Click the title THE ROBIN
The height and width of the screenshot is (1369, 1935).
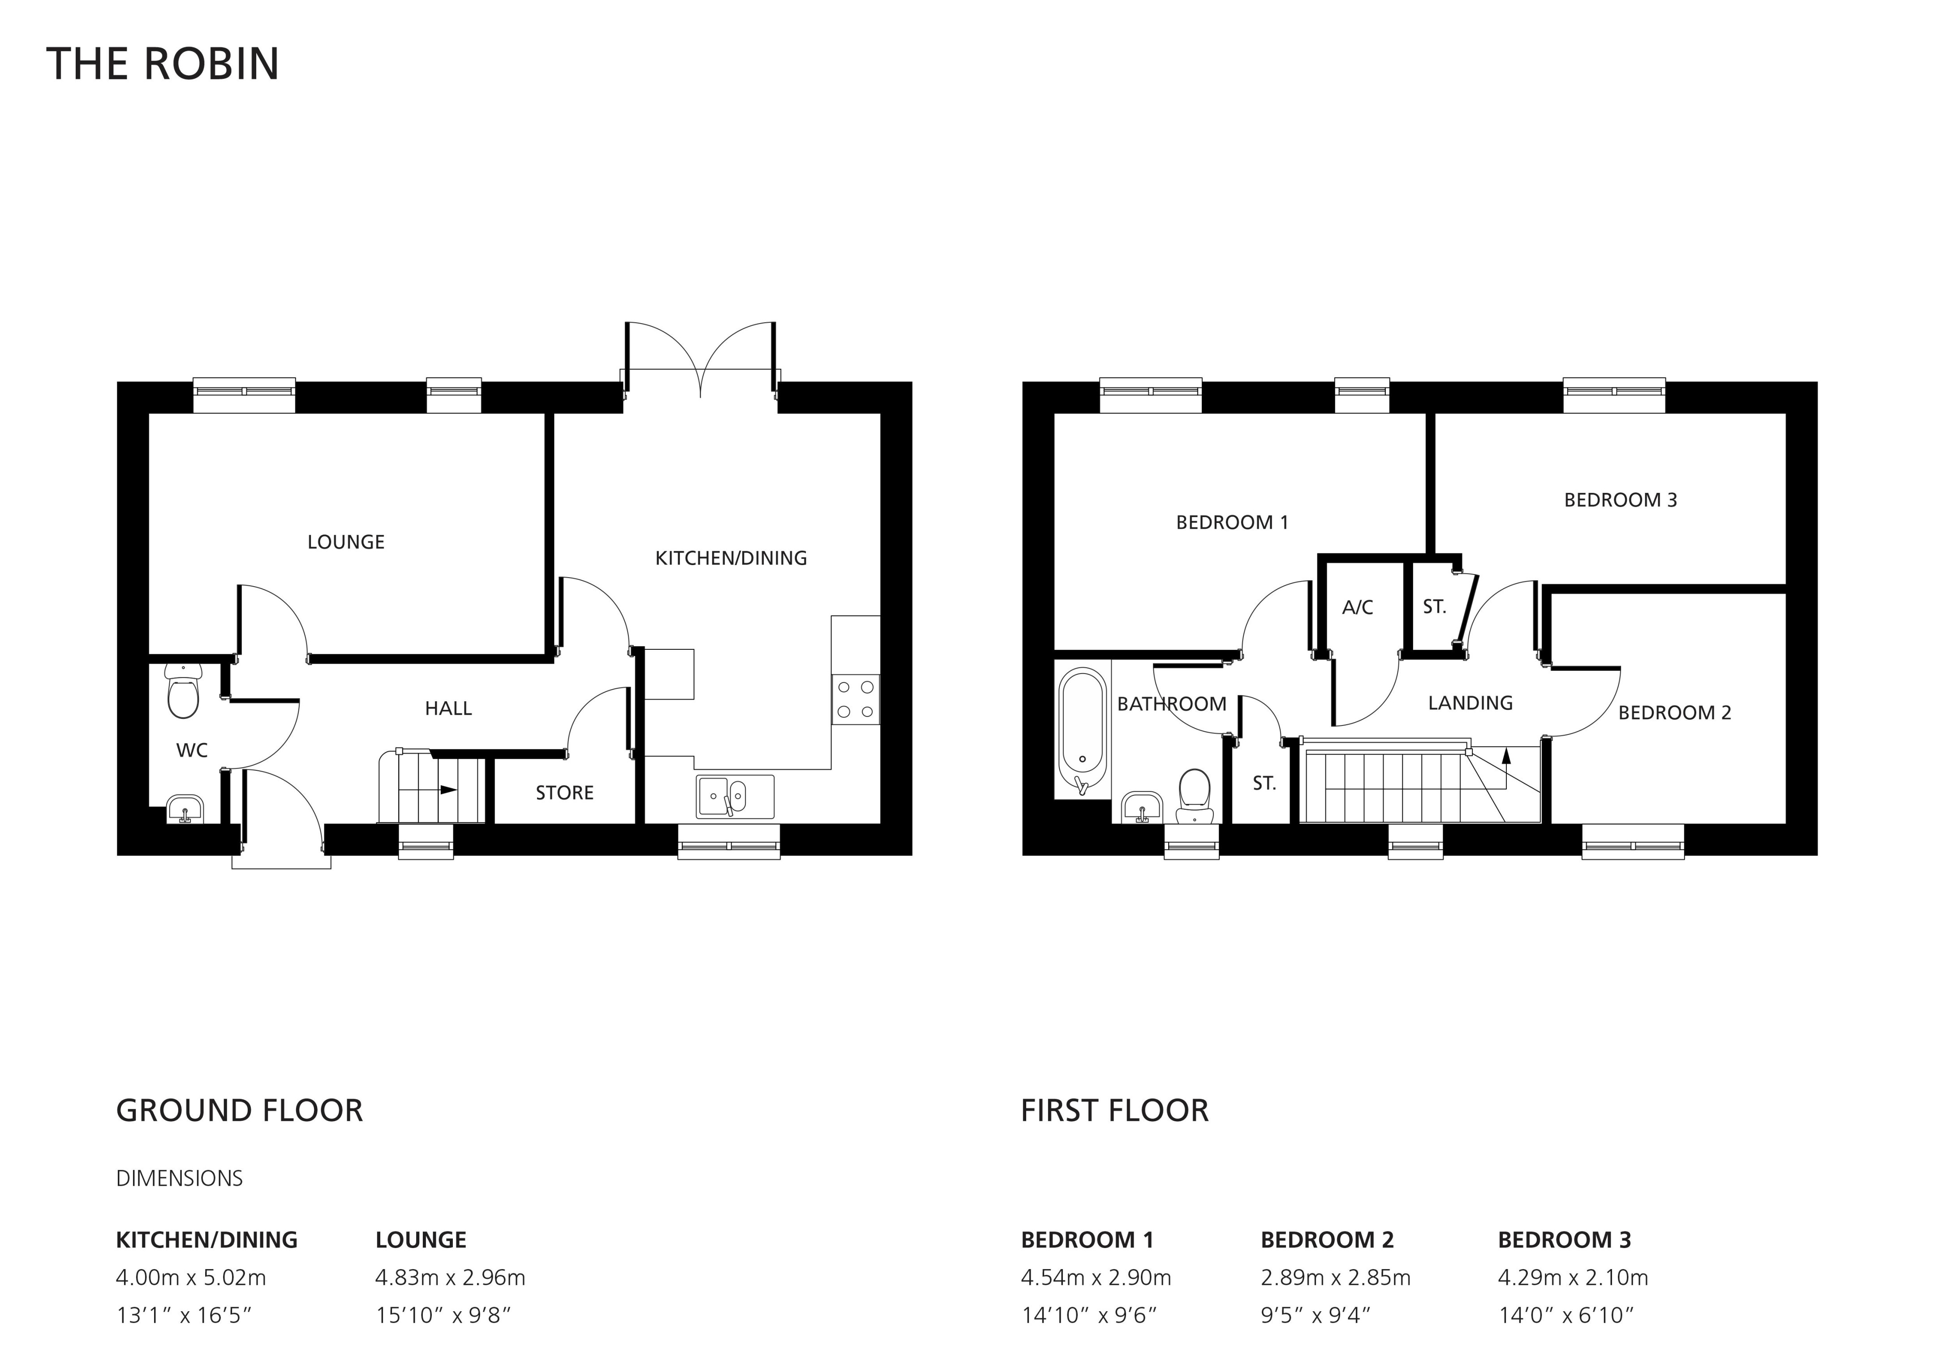click(163, 64)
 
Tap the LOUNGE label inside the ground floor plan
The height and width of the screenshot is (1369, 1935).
click(345, 542)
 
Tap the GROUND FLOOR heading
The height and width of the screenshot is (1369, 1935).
click(239, 1111)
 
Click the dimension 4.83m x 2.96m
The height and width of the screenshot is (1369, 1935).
click(450, 1278)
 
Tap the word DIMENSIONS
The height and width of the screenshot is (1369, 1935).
click(180, 1179)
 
